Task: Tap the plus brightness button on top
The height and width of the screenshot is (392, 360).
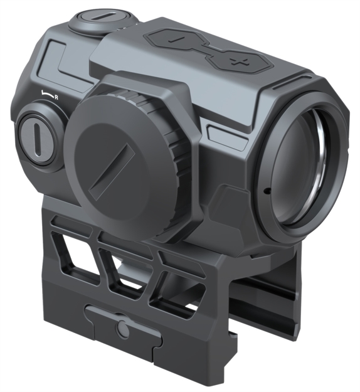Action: click(x=236, y=61)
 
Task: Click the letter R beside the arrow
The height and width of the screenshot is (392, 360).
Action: click(x=56, y=98)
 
